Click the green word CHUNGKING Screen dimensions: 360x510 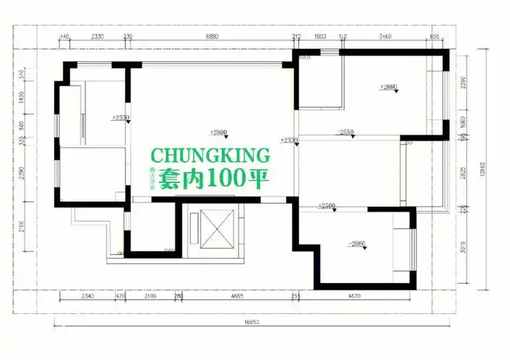point(210,156)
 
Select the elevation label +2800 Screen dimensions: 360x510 point(218,132)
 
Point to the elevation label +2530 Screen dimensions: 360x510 point(120,117)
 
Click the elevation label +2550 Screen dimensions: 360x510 point(345,132)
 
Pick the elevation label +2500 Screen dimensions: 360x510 point(327,206)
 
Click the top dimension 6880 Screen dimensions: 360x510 point(212,36)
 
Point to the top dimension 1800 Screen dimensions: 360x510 point(321,36)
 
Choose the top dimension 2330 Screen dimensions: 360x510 point(97,36)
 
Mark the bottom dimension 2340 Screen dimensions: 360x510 point(87,296)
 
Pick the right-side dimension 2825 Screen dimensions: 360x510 point(463,173)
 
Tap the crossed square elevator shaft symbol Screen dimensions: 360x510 point(213,225)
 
